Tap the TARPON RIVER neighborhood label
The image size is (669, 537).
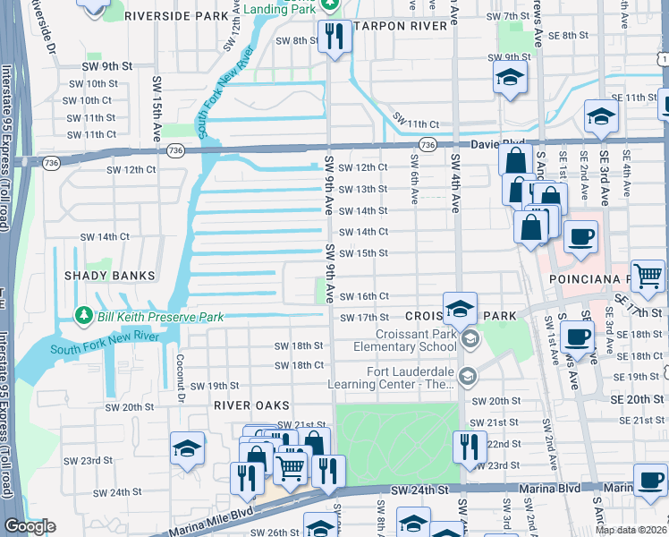tap(399, 27)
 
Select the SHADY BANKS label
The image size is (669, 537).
tap(109, 276)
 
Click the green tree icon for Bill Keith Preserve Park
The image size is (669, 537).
tap(84, 315)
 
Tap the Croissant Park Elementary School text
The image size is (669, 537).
tap(404, 340)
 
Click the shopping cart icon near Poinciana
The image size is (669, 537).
tap(648, 275)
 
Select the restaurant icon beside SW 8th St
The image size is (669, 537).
tap(334, 37)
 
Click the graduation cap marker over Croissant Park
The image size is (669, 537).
tap(460, 309)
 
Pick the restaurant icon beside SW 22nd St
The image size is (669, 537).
tap(469, 446)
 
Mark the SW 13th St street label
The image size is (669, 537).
tap(363, 189)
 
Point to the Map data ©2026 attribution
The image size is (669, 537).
tap(629, 530)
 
